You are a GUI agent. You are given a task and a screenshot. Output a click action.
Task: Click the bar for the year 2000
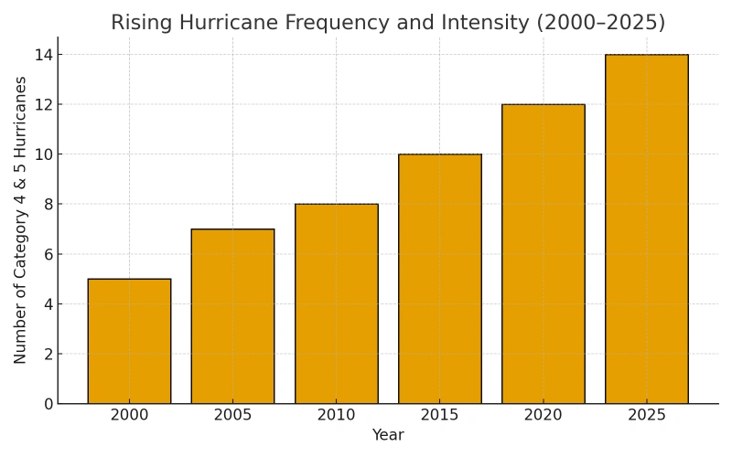pyautogui.click(x=129, y=341)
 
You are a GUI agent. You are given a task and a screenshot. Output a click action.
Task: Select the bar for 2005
pyautogui.click(x=232, y=316)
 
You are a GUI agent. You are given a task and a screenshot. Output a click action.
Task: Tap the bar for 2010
pyautogui.click(x=336, y=303)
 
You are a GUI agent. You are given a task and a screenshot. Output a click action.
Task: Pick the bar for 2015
pyautogui.click(x=439, y=279)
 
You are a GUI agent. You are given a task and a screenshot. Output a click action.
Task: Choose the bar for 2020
pyautogui.click(x=543, y=254)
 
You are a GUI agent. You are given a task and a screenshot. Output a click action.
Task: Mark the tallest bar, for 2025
pyautogui.click(x=646, y=228)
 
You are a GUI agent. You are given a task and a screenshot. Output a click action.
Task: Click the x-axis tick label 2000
pyautogui.click(x=129, y=416)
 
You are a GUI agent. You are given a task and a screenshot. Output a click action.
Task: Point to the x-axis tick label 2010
pyautogui.click(x=336, y=416)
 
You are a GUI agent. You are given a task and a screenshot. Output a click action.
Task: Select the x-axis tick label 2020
pyautogui.click(x=543, y=416)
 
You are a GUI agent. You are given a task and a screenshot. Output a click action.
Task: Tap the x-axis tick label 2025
pyautogui.click(x=646, y=416)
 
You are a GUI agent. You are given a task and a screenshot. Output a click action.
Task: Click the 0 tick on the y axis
pyautogui.click(x=47, y=404)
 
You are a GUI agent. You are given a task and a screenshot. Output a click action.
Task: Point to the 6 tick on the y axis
pyautogui.click(x=47, y=254)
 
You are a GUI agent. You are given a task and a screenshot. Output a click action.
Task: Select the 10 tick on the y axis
pyautogui.click(x=43, y=154)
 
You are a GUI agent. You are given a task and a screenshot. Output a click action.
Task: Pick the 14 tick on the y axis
pyautogui.click(x=43, y=55)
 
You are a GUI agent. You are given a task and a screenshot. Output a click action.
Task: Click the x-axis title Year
pyautogui.click(x=388, y=436)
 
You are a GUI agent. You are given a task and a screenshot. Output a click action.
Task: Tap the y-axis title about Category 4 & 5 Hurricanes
pyautogui.click(x=21, y=220)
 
